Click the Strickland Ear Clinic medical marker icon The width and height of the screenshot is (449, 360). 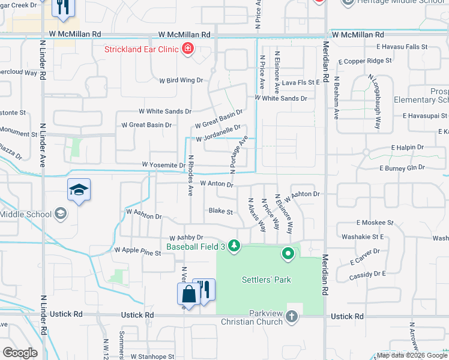(x=188, y=48)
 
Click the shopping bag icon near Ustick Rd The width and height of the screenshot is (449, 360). (x=188, y=295)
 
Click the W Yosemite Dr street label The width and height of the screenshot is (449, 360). (x=163, y=165)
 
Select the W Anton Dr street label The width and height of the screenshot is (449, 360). (x=216, y=184)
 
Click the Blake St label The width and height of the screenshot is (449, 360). (x=220, y=211)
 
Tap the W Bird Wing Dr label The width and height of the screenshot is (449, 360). (x=181, y=80)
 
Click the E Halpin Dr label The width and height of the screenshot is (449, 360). (x=407, y=147)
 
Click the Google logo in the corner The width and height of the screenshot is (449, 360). (x=20, y=353)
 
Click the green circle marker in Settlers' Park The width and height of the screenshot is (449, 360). (x=288, y=254)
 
